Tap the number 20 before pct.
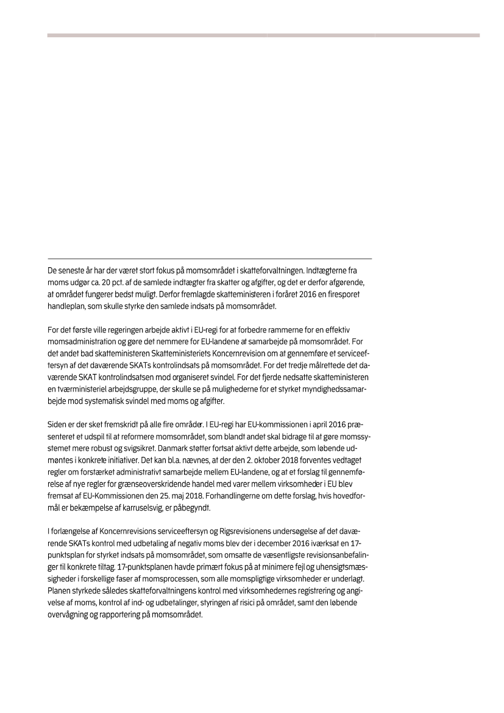(x=107, y=282)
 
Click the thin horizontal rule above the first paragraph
(x=209, y=259)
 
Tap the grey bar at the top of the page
(x=263, y=35)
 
